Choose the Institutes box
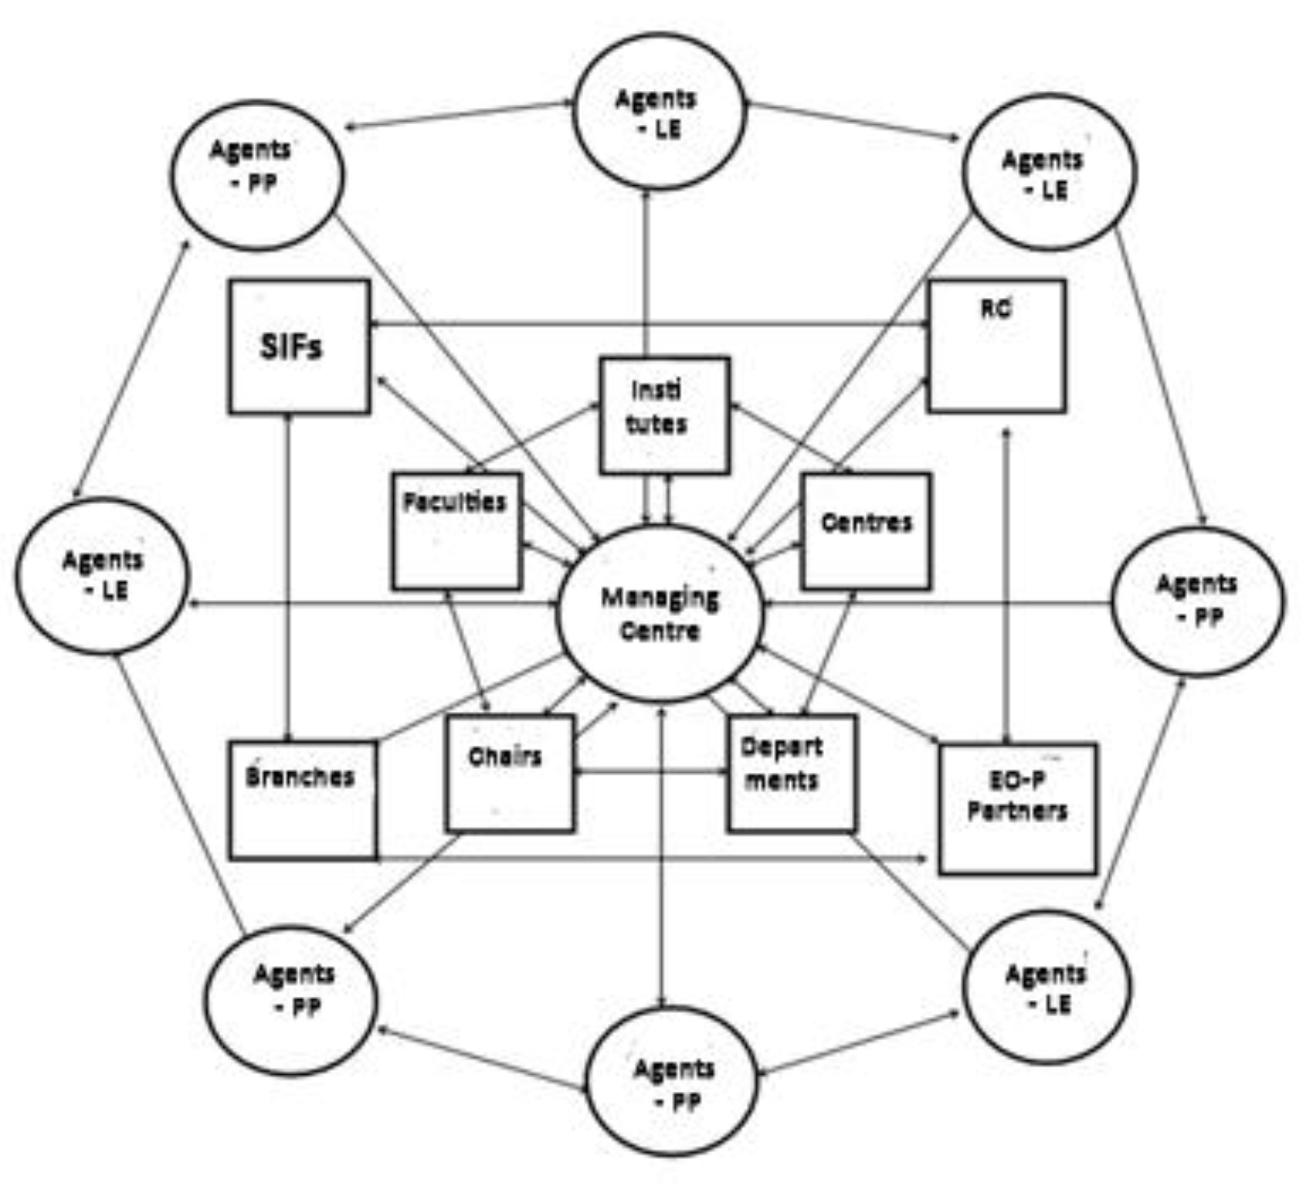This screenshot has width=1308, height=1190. (663, 415)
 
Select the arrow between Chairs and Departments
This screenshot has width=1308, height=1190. (650, 771)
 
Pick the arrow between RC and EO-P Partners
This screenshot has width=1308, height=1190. (1005, 584)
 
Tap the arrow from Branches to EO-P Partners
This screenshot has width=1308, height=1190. (650, 857)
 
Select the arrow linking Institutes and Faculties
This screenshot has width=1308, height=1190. (532, 438)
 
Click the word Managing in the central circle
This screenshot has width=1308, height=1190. (659, 598)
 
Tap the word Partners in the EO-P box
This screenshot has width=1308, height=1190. (1017, 810)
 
